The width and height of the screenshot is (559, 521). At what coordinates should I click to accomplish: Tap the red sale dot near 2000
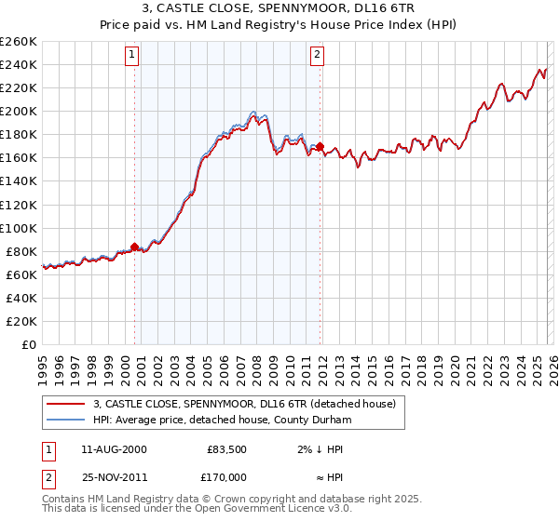(134, 247)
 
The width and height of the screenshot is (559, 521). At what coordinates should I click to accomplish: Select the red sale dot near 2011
(320, 146)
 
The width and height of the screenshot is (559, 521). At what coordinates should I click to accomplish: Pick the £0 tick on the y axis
(29, 344)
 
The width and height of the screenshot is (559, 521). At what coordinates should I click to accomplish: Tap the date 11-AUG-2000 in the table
(114, 449)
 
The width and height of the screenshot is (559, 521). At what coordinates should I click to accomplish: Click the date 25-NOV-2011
(114, 476)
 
